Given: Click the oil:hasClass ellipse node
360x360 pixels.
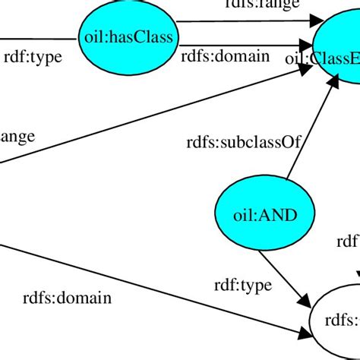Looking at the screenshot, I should click(127, 36).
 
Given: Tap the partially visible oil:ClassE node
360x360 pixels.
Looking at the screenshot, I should click(335, 49).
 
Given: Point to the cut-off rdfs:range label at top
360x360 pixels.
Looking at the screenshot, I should click(262, 4).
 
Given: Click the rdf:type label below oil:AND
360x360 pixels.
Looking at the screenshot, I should click(242, 285).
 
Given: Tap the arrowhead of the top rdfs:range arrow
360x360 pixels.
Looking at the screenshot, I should click(306, 23).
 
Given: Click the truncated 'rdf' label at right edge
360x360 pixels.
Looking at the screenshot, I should click(347, 242).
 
